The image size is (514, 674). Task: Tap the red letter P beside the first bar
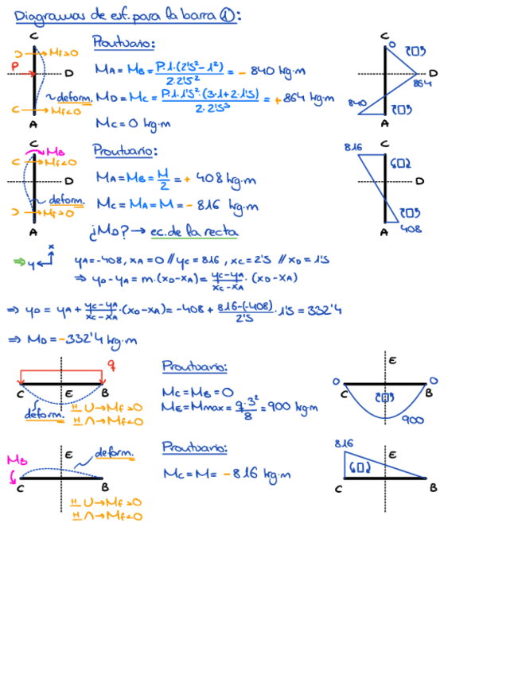pos(15,64)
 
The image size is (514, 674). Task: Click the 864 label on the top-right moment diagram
pos(422,83)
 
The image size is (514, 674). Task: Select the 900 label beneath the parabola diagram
pos(412,420)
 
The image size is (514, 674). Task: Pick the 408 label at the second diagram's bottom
pos(411,229)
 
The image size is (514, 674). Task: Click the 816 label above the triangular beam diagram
pos(344,443)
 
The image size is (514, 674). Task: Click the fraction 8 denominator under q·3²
pos(247,416)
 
